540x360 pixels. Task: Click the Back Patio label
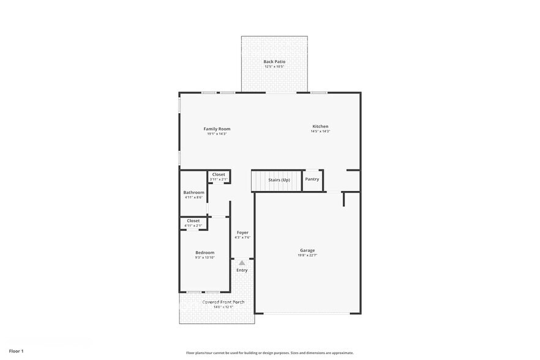[x=274, y=62]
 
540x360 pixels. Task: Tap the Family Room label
[x=217, y=129]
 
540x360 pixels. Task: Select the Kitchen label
[x=320, y=126]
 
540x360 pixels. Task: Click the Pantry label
[x=312, y=179]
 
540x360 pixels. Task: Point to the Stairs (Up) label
[x=279, y=179]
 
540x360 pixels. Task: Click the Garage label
[x=307, y=250]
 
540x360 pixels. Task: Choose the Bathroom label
[x=193, y=192]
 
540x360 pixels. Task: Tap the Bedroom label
[x=205, y=252]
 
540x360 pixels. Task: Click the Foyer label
[x=242, y=233]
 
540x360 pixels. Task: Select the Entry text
[x=242, y=270]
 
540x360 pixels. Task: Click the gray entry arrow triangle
[x=242, y=263]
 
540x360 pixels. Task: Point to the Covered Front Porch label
[x=223, y=302]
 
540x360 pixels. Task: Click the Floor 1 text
[x=16, y=351]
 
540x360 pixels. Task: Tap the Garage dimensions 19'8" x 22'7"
[x=307, y=255]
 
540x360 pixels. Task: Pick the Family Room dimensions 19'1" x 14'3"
[x=217, y=133]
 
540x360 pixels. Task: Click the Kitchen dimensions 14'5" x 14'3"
[x=320, y=131]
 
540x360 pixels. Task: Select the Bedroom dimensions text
[x=205, y=258]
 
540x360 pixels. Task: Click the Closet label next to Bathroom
[x=219, y=174]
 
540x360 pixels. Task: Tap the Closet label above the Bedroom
[x=193, y=220]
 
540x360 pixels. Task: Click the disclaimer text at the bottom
[x=269, y=353]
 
